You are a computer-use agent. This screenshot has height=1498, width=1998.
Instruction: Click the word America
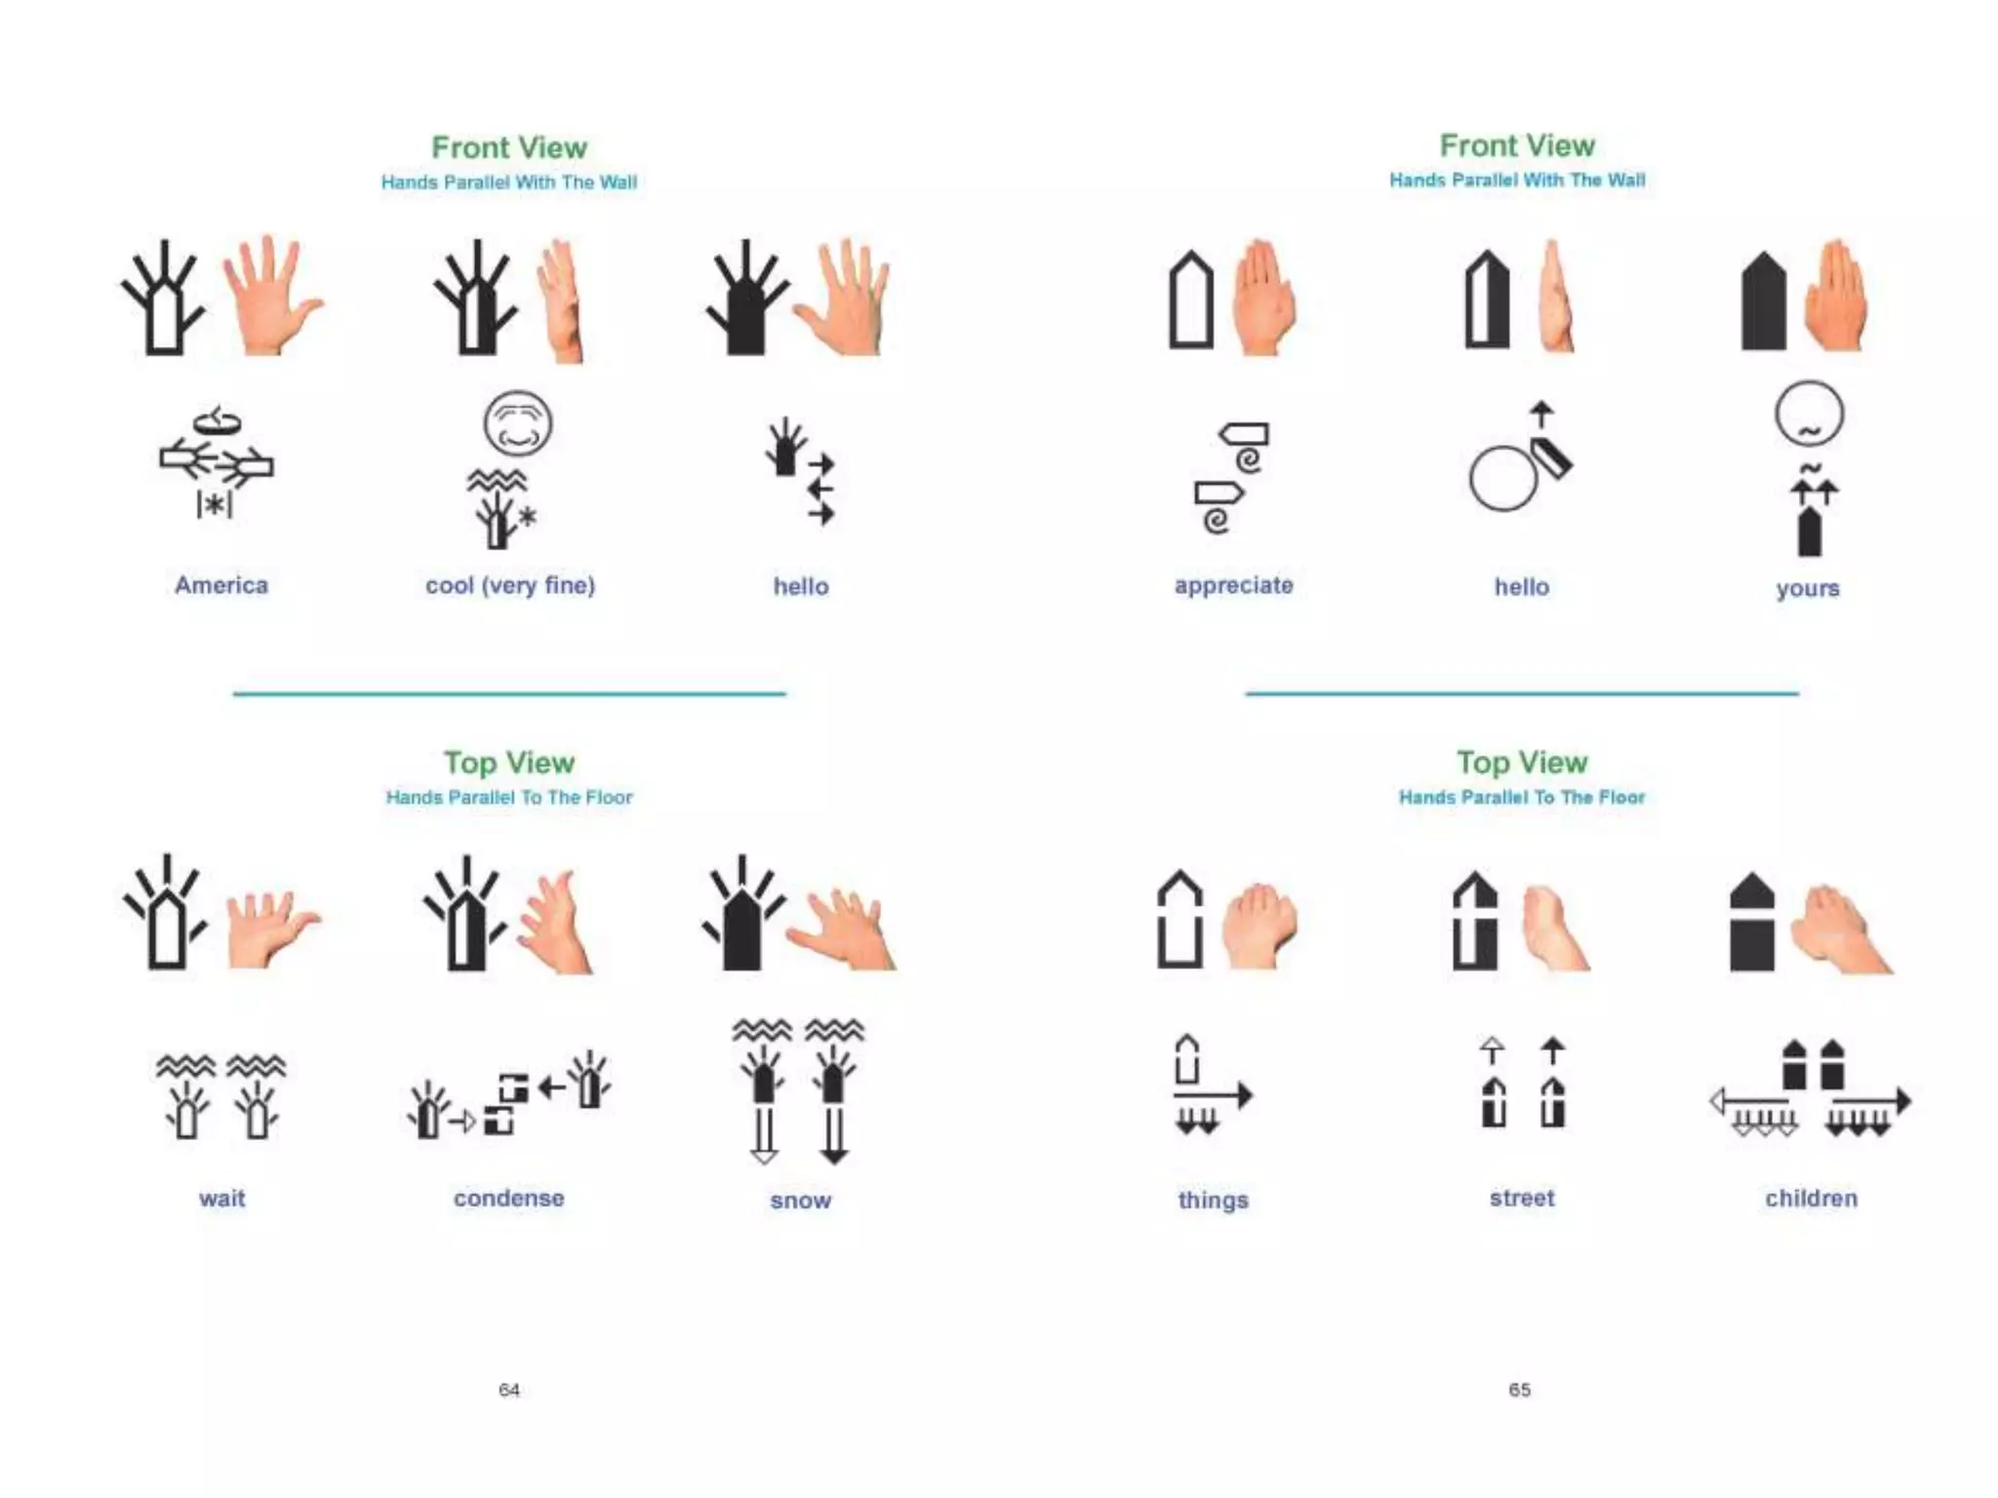click(221, 585)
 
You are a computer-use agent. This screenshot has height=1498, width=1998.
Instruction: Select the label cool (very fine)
click(510, 585)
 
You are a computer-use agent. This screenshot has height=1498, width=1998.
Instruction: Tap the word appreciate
click(1233, 585)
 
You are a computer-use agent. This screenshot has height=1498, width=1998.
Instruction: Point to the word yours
click(1808, 588)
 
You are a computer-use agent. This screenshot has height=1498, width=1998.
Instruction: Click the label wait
click(222, 1199)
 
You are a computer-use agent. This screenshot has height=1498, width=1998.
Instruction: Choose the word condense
click(508, 1199)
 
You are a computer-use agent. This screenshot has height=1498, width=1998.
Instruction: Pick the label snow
click(800, 1201)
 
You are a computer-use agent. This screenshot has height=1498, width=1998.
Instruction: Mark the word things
click(1213, 1201)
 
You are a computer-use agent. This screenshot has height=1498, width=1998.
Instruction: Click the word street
click(1522, 1199)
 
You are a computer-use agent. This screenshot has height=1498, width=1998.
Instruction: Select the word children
click(1811, 1199)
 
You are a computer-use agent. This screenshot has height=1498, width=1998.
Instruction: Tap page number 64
click(509, 1390)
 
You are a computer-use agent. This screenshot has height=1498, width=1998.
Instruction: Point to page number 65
click(1520, 1390)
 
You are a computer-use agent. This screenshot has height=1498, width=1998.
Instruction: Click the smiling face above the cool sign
click(518, 424)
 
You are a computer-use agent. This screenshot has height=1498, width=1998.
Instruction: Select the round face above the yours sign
click(1809, 414)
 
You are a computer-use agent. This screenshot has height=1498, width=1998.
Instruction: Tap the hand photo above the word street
click(1553, 926)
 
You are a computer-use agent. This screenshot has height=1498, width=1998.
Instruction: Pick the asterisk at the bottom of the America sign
click(215, 504)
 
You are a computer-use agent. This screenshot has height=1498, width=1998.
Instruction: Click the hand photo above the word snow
click(842, 926)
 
